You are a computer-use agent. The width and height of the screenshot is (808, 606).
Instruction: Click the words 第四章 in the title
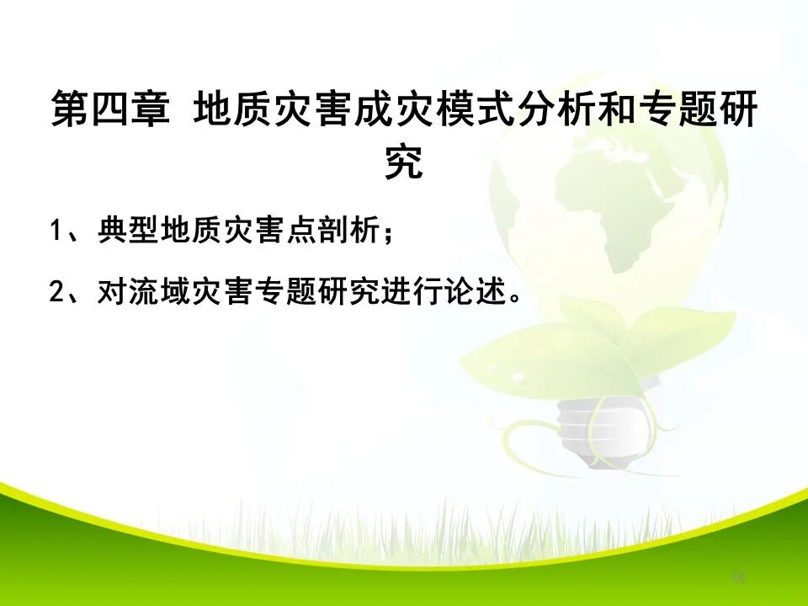(110, 110)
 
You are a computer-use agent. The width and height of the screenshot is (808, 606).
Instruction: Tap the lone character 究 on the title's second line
(403, 162)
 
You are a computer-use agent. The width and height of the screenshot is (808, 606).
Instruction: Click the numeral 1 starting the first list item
(56, 231)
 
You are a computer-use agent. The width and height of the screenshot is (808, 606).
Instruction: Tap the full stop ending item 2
(516, 297)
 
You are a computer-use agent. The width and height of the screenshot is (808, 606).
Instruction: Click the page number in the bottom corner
(738, 577)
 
